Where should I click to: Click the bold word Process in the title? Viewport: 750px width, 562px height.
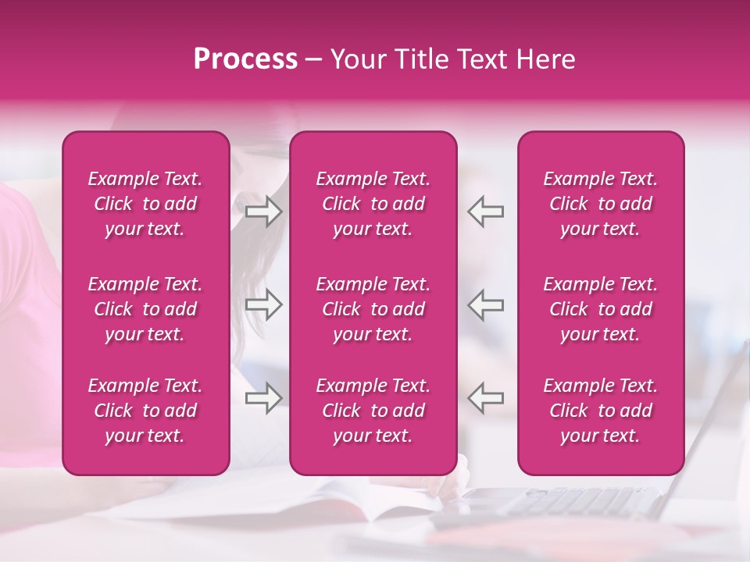pyautogui.click(x=245, y=59)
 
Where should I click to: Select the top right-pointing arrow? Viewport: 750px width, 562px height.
pyautogui.click(x=264, y=211)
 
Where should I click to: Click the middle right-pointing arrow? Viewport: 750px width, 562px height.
pyautogui.click(x=264, y=305)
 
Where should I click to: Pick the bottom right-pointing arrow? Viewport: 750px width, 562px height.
pyautogui.click(x=264, y=398)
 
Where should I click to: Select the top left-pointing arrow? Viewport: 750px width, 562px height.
pyautogui.click(x=486, y=211)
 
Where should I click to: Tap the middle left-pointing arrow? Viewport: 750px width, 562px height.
pyautogui.click(x=486, y=305)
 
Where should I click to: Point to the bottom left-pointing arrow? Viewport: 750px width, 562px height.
pyautogui.click(x=486, y=398)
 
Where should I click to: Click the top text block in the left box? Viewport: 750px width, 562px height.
pyautogui.click(x=145, y=204)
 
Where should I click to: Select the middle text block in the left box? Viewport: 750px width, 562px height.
pyautogui.click(x=145, y=309)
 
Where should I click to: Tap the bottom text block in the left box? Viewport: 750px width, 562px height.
pyautogui.click(x=145, y=411)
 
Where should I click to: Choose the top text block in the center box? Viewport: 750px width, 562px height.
pyautogui.click(x=373, y=204)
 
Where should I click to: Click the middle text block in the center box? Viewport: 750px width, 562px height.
pyautogui.click(x=373, y=309)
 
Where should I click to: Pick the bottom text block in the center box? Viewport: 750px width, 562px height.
pyautogui.click(x=373, y=411)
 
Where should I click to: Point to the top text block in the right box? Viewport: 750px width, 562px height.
pyautogui.click(x=600, y=204)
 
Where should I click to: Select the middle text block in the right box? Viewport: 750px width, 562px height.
pyautogui.click(x=600, y=309)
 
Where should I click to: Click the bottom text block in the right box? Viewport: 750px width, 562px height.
pyautogui.click(x=600, y=411)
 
